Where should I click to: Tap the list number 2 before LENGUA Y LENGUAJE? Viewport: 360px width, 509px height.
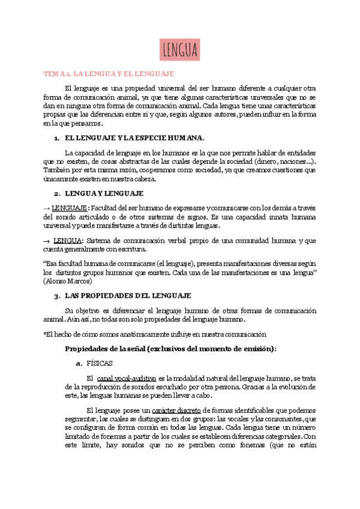[x=56, y=194]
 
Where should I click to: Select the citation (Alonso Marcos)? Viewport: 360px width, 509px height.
[x=69, y=281]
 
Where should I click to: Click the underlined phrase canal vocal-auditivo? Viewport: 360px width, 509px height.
[x=126, y=378]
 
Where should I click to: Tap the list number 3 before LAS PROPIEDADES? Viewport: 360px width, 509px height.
[x=56, y=296]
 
